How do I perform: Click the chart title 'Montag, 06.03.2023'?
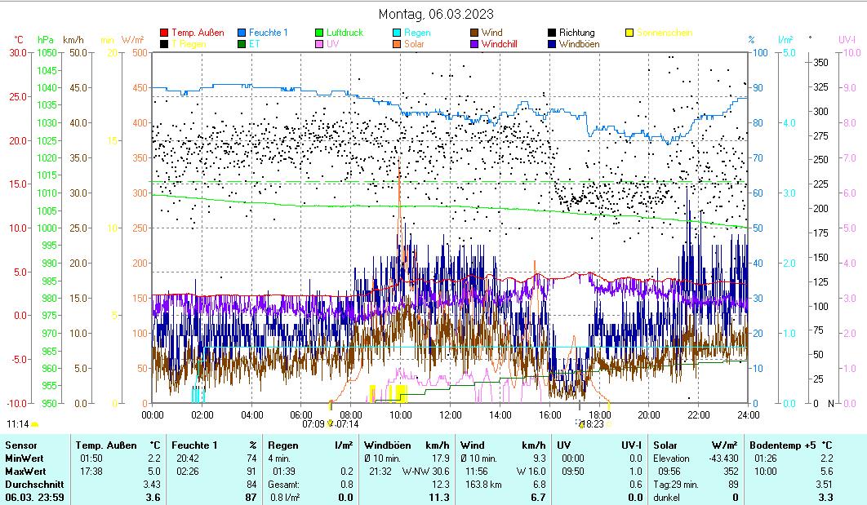(436, 14)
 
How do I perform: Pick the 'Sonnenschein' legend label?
(665, 33)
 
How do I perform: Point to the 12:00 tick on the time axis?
(451, 414)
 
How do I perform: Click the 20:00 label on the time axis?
(649, 414)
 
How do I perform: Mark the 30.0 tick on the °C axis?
(18, 53)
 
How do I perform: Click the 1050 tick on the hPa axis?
(47, 53)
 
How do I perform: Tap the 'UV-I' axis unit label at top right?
(847, 39)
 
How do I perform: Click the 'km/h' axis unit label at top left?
(73, 39)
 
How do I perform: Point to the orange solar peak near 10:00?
(399, 167)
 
